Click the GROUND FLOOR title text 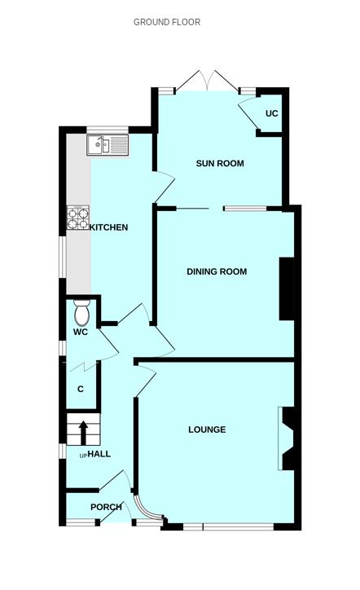click(167, 22)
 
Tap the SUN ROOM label click(220, 163)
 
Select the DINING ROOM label click(217, 271)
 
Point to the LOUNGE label click(207, 429)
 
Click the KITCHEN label click(108, 227)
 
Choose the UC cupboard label click(271, 113)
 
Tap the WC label click(81, 332)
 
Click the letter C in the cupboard click(81, 389)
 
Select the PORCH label click(106, 507)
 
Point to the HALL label click(99, 454)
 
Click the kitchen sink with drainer click(108, 145)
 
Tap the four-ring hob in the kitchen click(78, 218)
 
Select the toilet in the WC click(81, 313)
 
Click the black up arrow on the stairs click(83, 433)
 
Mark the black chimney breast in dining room click(287, 288)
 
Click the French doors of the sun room click(207, 81)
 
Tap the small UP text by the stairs click(83, 456)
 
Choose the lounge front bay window click(228, 526)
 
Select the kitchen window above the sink click(108, 130)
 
